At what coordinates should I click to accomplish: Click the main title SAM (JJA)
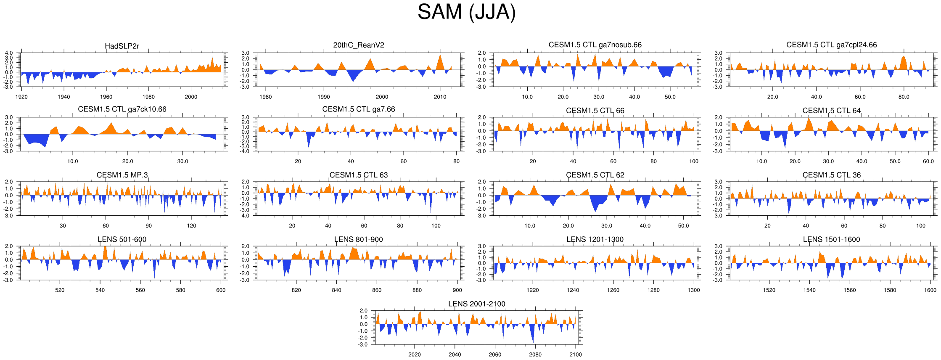[x=466, y=12]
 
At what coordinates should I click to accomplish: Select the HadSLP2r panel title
[x=122, y=46]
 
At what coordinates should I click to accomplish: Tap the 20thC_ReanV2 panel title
[x=359, y=45]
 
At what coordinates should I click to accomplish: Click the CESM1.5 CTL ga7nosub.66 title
[x=595, y=45]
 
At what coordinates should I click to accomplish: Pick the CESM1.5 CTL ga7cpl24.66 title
[x=831, y=45]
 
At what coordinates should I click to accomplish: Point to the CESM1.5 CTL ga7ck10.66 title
[x=122, y=109]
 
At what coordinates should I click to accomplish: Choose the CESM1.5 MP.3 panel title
[x=122, y=175]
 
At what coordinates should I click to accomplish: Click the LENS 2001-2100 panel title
[x=476, y=304]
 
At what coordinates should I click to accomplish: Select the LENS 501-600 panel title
[x=122, y=239]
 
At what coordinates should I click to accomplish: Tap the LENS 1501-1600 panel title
[x=831, y=239]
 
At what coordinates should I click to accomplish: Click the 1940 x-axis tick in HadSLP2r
[x=64, y=97]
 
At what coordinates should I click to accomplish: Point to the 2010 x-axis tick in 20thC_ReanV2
[x=440, y=97]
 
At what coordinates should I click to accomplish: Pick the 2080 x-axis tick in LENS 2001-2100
[x=535, y=355]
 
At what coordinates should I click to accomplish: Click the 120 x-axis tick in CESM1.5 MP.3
[x=191, y=226]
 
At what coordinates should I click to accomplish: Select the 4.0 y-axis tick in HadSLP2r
[x=9, y=53]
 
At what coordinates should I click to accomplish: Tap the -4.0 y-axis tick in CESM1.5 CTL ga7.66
[x=245, y=151]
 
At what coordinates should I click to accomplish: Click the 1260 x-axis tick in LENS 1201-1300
[x=613, y=290]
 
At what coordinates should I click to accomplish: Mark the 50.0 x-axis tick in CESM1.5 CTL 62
[x=683, y=226]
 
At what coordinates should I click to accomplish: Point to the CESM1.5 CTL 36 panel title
[x=831, y=175]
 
